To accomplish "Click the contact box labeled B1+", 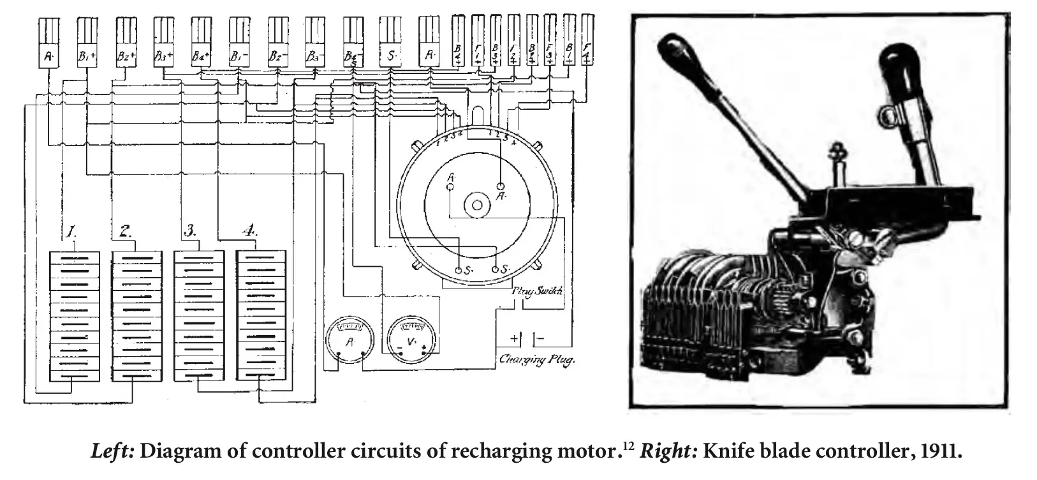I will [87, 56].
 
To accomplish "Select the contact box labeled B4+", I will [202, 56].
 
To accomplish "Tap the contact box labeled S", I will [391, 56].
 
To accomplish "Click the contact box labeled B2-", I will [278, 56].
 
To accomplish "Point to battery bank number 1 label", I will [73, 231].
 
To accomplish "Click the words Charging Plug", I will [537, 360].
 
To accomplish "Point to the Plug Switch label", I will [538, 290].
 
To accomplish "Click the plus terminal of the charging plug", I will [515, 338].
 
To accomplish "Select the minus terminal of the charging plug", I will [540, 338].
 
